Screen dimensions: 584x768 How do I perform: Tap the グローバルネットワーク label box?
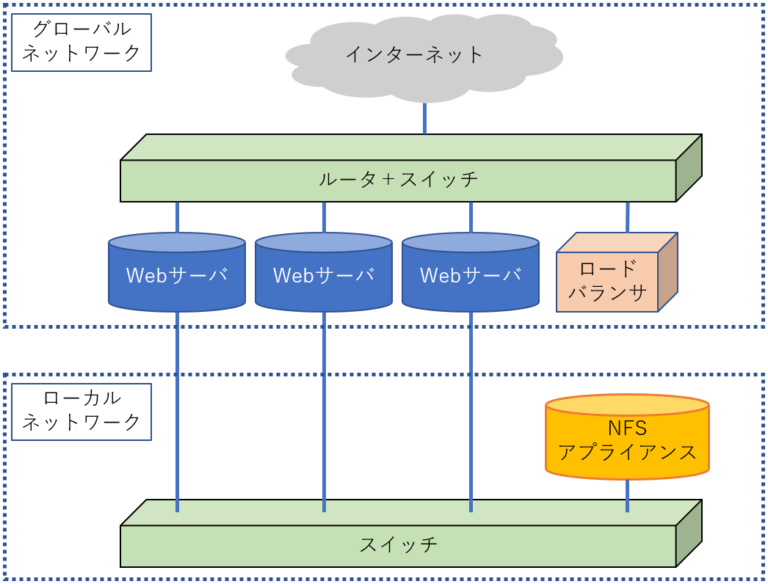coord(81,42)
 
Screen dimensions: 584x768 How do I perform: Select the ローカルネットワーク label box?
coord(81,411)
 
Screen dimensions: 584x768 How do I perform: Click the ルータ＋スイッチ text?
coord(398,179)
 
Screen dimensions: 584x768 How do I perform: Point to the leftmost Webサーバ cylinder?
coord(177,275)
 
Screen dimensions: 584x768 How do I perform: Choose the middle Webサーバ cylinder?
coord(324,275)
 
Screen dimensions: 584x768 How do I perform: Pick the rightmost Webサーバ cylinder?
coord(471,275)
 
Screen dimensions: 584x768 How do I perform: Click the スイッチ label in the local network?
coord(398,545)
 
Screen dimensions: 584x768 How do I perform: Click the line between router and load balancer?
coord(627,217)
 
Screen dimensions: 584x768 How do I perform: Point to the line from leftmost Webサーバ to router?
coord(178,217)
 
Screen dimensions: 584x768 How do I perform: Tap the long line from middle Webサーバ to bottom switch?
coord(324,411)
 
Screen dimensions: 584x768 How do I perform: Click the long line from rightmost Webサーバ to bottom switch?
coord(471,411)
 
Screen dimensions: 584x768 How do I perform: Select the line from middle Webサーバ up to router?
coord(324,217)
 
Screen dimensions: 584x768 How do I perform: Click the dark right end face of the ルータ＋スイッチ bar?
coord(689,169)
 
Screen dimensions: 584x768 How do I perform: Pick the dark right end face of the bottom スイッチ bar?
coord(689,534)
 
